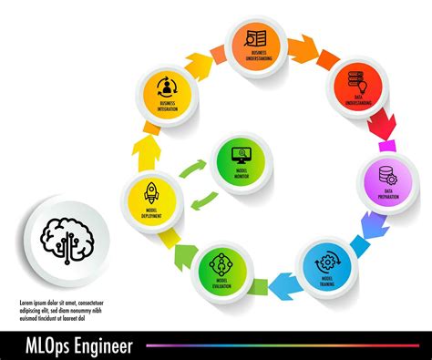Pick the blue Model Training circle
click(x=327, y=263)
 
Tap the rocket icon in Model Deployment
click(x=152, y=192)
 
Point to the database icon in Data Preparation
click(x=388, y=173)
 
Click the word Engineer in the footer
click(x=102, y=345)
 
